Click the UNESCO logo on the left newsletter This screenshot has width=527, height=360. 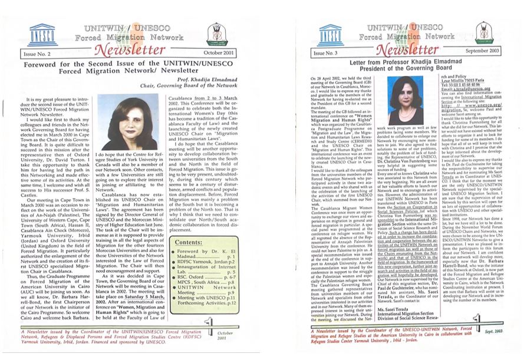click(42, 34)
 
